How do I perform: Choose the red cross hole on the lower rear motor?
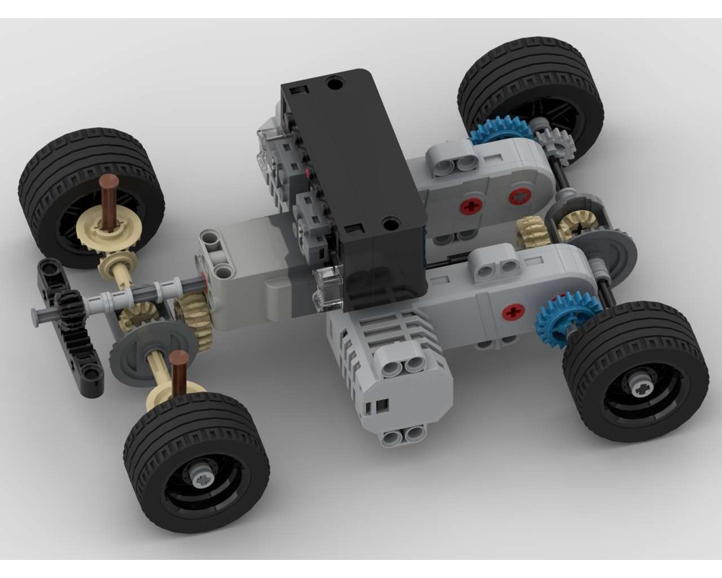tap(513, 312)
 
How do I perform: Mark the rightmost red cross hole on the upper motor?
tap(520, 196)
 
